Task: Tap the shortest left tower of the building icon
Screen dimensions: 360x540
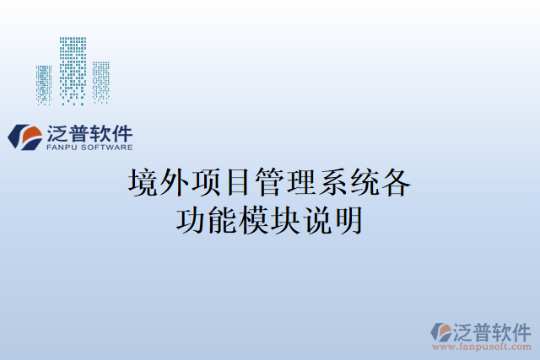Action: (44, 83)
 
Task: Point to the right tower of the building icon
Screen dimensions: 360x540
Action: (101, 82)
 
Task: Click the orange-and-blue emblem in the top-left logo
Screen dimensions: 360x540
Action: (24, 137)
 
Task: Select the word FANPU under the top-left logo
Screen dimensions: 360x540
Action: (64, 147)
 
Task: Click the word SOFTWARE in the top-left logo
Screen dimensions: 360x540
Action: (109, 147)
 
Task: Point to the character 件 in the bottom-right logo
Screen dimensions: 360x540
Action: (521, 330)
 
